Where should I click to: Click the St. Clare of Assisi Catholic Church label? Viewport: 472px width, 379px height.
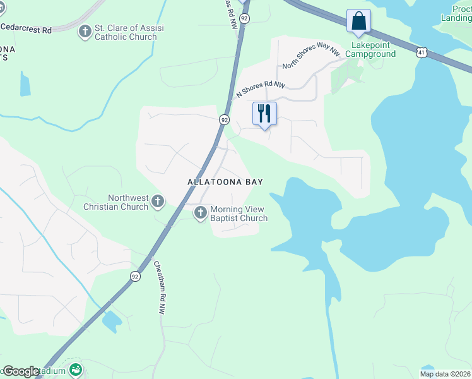(x=125, y=32)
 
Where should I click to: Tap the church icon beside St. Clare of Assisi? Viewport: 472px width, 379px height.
(x=85, y=31)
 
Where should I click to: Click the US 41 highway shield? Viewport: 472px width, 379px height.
(x=421, y=51)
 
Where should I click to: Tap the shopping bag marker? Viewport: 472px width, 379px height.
(x=358, y=21)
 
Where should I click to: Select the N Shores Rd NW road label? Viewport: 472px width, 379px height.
(x=261, y=88)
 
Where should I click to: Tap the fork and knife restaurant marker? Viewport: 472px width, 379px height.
(x=264, y=114)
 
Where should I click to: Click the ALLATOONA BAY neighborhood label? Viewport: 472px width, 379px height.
(x=225, y=182)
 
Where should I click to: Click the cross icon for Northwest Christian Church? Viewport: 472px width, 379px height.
(x=158, y=202)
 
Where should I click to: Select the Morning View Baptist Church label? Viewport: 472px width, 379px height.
(x=239, y=214)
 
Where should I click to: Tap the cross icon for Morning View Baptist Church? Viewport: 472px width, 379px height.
(x=201, y=213)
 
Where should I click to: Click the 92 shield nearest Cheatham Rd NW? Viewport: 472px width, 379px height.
(x=135, y=276)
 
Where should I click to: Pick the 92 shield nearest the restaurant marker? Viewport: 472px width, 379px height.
(x=224, y=119)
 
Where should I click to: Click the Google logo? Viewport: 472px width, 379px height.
(x=20, y=371)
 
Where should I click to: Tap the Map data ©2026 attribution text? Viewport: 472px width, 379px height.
(x=445, y=374)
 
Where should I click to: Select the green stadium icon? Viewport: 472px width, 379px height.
(x=76, y=369)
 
